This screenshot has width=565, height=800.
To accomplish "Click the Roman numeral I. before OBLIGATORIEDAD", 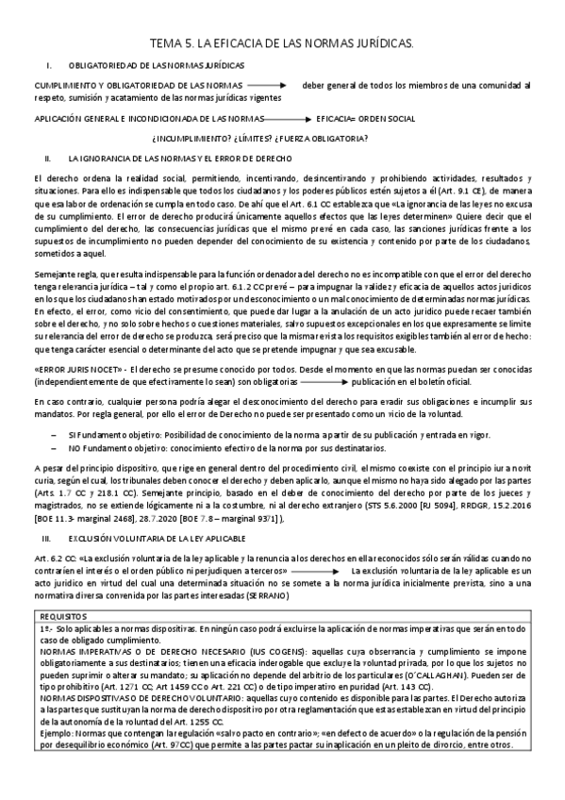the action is click(x=48, y=65).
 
